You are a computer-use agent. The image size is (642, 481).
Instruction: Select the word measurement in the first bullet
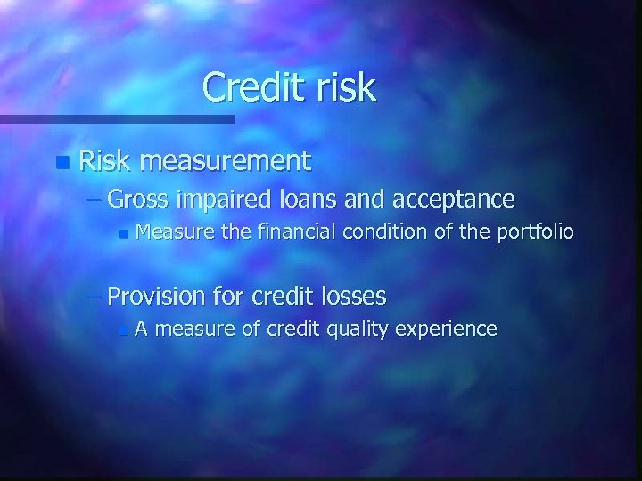[x=225, y=161]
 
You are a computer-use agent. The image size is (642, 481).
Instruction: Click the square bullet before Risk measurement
[x=60, y=163]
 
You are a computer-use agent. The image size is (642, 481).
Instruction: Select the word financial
[x=293, y=233]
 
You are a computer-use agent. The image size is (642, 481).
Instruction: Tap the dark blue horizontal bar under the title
[x=116, y=118]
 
